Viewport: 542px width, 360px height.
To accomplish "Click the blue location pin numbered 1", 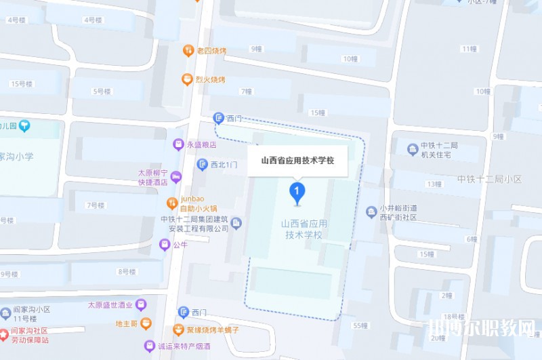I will pos(296,192).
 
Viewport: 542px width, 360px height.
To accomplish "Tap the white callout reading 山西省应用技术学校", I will pos(297,161).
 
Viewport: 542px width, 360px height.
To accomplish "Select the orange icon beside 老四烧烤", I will pos(188,50).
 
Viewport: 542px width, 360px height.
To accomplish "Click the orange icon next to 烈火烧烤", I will pos(187,79).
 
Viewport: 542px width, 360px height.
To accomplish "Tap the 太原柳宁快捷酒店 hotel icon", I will pos(176,178).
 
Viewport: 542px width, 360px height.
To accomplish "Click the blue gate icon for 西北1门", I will pos(202,164).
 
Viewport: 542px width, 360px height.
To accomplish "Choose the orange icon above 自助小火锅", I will pos(173,203).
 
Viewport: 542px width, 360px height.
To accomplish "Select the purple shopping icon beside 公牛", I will pos(164,245).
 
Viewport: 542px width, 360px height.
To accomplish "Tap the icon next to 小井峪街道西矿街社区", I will pos(371,212).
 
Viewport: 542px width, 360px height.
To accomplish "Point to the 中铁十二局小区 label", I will pos(489,180).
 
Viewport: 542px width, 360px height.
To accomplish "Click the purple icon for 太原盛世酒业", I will pos(141,305).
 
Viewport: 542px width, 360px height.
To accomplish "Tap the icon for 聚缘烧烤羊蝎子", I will pos(178,330).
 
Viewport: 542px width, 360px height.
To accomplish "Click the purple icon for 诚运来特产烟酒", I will pos(149,346).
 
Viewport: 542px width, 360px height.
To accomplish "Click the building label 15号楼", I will pos(22,83).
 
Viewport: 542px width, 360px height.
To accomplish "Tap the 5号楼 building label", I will pos(102,92).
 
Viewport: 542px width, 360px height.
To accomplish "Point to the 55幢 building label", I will pos(360,325).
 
